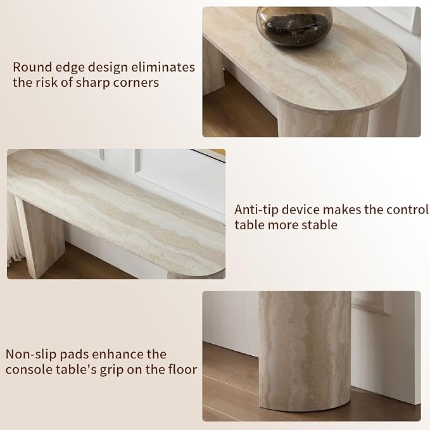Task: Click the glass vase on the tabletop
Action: click(294, 26)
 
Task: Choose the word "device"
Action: click(301, 210)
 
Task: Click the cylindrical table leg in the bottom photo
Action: click(305, 351)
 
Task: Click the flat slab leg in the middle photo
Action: click(41, 236)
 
